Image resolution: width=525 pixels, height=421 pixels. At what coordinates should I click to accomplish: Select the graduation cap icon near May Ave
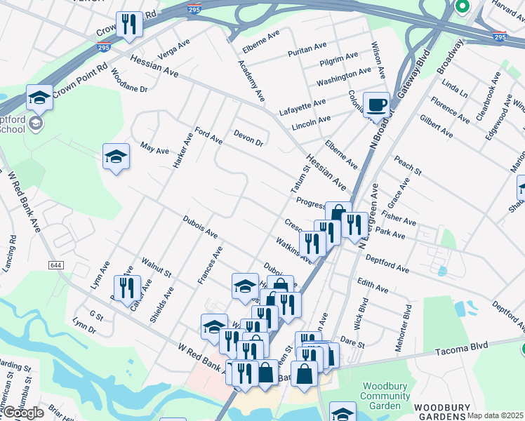[117, 157]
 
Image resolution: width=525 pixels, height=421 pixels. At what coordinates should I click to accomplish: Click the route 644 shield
[56, 265]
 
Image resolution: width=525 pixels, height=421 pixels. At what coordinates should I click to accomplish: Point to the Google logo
[22, 413]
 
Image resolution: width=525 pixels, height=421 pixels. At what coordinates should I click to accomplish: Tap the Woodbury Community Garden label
[385, 396]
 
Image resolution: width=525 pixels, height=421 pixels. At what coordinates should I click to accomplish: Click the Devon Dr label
[248, 138]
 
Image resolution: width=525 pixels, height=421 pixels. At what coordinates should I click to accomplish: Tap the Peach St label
[407, 166]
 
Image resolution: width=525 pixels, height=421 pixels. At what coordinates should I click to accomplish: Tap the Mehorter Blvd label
[408, 322]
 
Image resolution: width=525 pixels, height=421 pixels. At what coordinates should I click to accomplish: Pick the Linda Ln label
[454, 88]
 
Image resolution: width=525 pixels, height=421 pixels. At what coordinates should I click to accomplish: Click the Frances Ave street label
[210, 265]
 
